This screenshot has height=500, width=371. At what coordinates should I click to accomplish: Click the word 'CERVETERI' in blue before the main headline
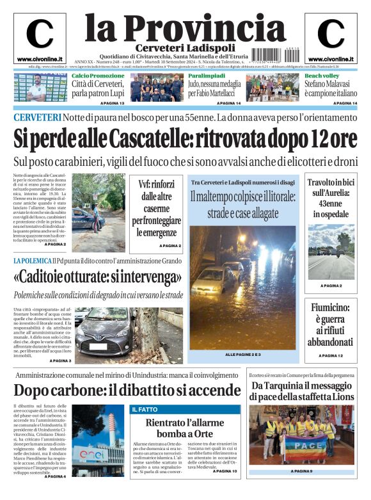tap(37, 117)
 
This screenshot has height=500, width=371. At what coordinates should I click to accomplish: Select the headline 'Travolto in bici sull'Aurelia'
tap(330, 198)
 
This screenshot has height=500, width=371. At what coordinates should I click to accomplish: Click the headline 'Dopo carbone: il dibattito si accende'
tap(127, 390)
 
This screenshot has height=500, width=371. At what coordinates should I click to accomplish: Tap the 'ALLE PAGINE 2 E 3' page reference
tap(242, 354)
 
